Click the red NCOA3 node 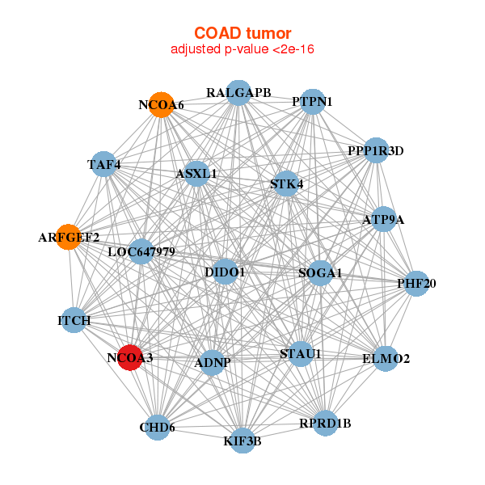[x=130, y=356]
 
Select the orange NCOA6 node [x=161, y=105]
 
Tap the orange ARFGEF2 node [x=69, y=237]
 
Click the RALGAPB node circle [x=238, y=92]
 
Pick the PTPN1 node [x=313, y=102]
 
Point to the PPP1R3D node [x=376, y=150]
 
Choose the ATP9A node [x=383, y=219]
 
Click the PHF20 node [x=416, y=283]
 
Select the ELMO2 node [x=386, y=358]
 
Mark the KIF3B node [x=242, y=441]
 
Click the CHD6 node [x=157, y=427]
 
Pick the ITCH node [x=74, y=321]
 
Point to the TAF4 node [x=103, y=165]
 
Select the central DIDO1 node [x=225, y=272]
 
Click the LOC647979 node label [x=141, y=252]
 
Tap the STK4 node [x=287, y=183]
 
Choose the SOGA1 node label [x=320, y=273]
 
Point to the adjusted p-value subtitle [x=242, y=50]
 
